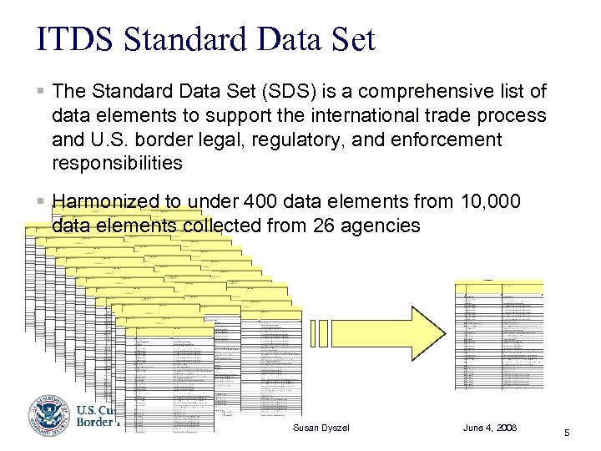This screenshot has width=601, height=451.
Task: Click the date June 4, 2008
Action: coord(490,428)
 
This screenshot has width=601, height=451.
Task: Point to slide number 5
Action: coord(567,433)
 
